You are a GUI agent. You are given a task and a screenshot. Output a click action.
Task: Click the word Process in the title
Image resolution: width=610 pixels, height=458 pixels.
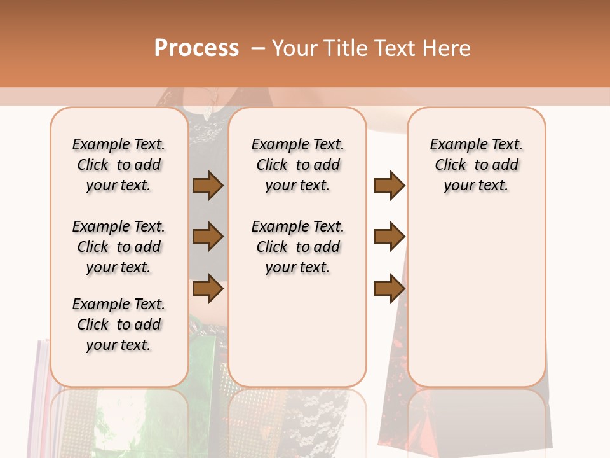[x=196, y=48]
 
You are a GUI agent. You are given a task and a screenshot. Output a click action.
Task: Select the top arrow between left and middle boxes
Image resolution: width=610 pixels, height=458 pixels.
[x=208, y=186]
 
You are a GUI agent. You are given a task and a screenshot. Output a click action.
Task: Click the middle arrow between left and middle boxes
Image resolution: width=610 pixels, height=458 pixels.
[x=208, y=237]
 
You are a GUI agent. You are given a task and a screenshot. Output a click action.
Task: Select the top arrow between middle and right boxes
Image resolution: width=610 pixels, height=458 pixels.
[x=389, y=186]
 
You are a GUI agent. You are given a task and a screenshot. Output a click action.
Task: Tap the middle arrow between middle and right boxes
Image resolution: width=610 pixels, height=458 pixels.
[x=389, y=237]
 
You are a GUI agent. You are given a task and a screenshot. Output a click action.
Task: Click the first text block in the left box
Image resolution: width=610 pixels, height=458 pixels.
[x=119, y=165]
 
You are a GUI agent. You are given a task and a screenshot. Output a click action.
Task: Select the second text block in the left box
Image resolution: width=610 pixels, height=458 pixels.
[x=119, y=247]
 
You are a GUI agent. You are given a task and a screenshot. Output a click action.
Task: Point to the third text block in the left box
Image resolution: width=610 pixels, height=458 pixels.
[x=119, y=324]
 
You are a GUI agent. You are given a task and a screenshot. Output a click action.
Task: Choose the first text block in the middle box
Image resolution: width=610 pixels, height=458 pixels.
[x=298, y=165]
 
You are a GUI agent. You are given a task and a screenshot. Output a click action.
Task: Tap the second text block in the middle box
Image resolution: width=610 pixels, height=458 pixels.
[x=298, y=247]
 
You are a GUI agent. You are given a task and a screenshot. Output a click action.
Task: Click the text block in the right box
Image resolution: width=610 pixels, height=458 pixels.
[x=477, y=165]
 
